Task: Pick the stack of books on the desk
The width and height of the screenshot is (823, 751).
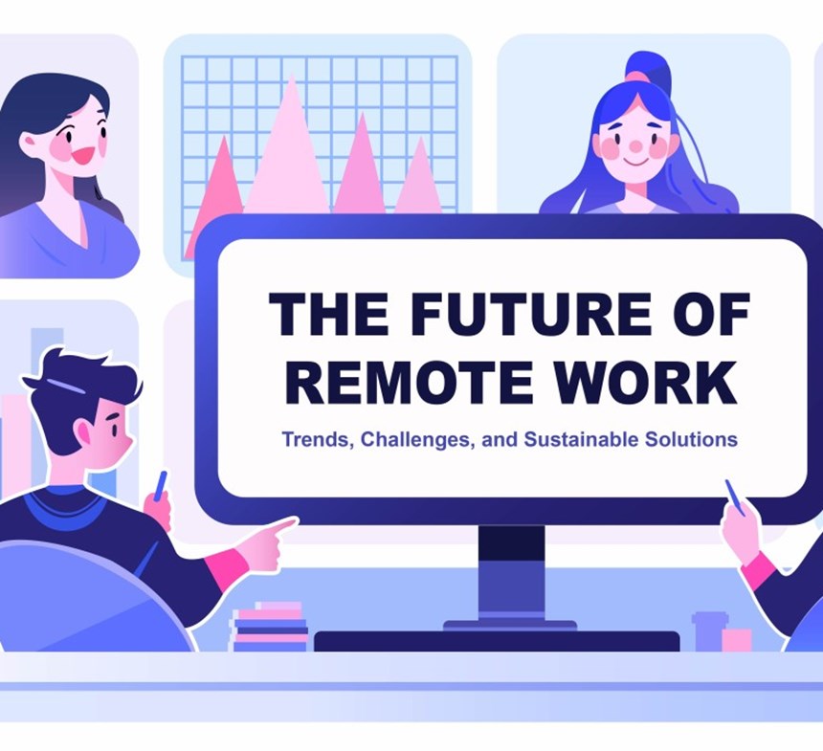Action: click(270, 627)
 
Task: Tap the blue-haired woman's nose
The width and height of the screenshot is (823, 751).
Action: click(633, 147)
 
